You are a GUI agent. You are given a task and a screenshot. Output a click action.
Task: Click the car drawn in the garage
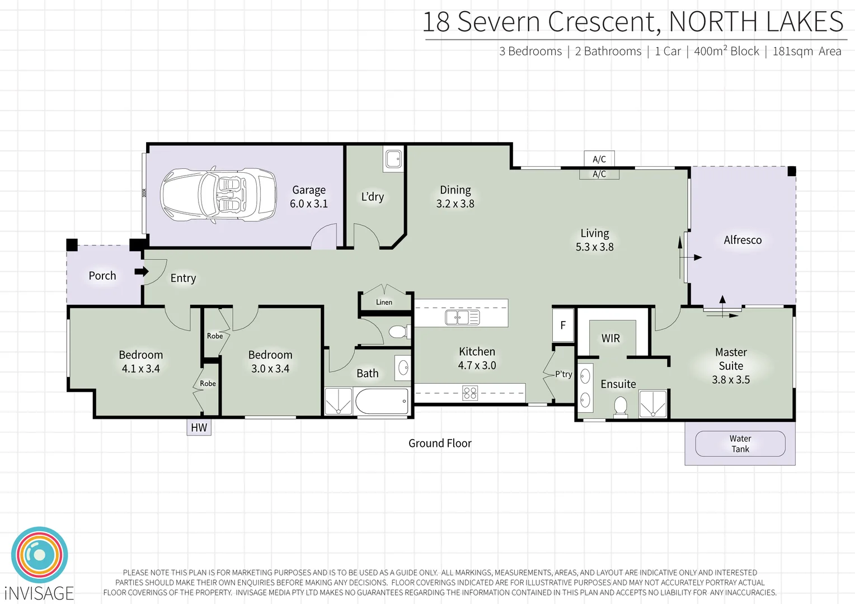click(x=218, y=195)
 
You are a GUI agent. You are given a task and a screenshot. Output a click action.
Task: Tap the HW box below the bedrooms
click(x=199, y=427)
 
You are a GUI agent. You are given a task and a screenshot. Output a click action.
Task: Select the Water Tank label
click(x=740, y=443)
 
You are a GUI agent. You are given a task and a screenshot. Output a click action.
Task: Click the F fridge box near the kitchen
click(x=563, y=325)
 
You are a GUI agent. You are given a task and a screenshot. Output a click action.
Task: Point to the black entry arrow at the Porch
click(x=142, y=272)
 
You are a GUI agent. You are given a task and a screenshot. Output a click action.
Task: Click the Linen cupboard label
click(x=384, y=302)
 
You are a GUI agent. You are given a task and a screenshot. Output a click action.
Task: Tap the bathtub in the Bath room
click(x=382, y=402)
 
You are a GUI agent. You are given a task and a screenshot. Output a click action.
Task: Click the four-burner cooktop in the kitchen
click(x=470, y=393)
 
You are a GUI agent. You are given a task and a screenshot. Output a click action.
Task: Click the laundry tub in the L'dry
click(x=393, y=159)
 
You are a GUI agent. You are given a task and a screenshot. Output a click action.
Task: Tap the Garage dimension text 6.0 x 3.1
click(x=308, y=204)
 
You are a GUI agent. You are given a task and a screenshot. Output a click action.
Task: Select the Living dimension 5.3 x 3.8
click(x=594, y=247)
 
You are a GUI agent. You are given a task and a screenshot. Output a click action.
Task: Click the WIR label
click(x=610, y=338)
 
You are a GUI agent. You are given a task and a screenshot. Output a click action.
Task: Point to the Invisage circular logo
click(x=39, y=555)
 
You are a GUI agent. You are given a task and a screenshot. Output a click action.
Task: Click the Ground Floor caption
click(x=440, y=443)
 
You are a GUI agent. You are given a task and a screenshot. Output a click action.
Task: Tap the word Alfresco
click(x=743, y=240)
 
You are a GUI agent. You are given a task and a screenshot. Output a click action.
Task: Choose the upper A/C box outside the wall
click(x=599, y=159)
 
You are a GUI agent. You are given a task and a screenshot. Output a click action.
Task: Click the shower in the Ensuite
click(x=653, y=404)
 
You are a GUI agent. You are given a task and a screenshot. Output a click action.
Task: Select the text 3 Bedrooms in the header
click(x=530, y=51)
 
